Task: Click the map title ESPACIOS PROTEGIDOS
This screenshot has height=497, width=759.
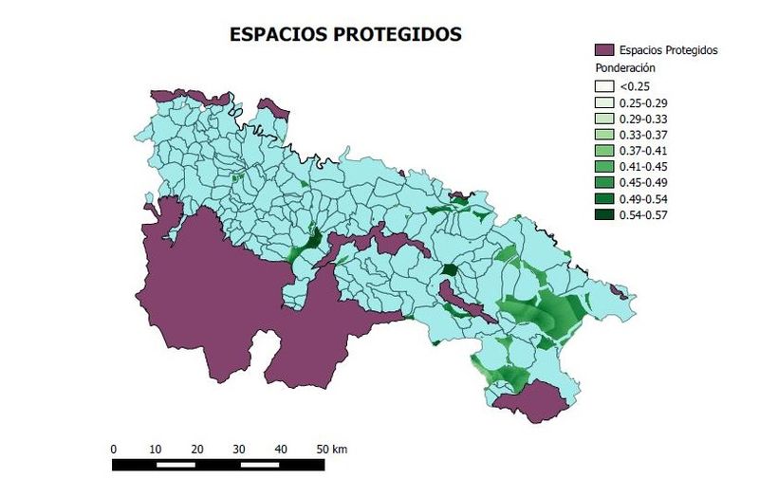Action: click(345, 34)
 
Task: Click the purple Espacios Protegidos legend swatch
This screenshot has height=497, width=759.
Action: click(603, 49)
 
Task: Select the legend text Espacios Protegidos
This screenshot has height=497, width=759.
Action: click(668, 49)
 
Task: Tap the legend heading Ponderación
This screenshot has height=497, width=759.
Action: click(626, 68)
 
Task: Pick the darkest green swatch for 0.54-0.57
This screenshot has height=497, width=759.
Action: click(603, 215)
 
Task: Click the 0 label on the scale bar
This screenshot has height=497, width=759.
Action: click(114, 449)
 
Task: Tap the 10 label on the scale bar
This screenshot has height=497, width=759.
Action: click(156, 449)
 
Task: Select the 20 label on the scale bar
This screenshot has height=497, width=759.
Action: click(197, 449)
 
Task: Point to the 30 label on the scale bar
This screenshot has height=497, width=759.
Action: click(239, 449)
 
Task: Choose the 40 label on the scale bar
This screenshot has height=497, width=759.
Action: click(281, 449)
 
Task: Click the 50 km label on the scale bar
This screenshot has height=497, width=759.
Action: click(331, 449)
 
